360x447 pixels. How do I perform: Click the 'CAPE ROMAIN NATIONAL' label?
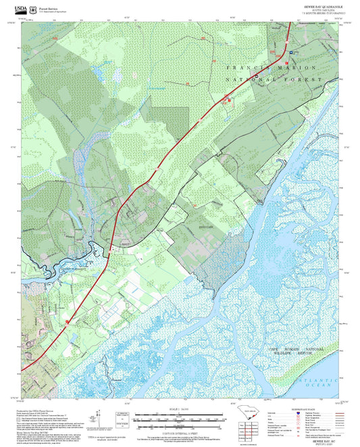click(x=295, y=349)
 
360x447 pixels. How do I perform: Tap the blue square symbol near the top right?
click(x=291, y=51)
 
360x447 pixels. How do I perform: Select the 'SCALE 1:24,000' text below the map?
click(x=179, y=409)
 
